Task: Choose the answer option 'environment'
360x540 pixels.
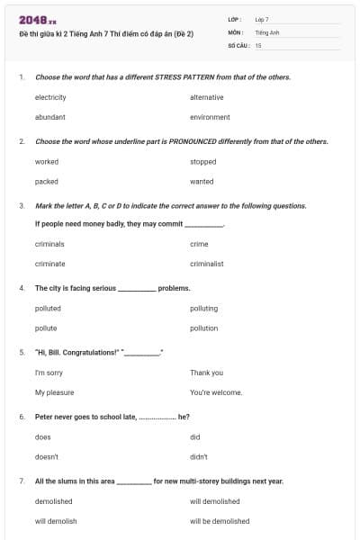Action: (x=210, y=117)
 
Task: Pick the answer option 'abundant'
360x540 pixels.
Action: (x=49, y=117)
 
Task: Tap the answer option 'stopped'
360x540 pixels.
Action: (x=202, y=162)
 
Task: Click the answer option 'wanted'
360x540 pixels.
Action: (x=202, y=181)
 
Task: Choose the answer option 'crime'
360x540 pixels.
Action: (x=199, y=244)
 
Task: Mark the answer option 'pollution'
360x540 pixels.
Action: (x=203, y=328)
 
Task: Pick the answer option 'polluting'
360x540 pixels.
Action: (x=203, y=309)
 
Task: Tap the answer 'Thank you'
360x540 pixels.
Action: (x=206, y=373)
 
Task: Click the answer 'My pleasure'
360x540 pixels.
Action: (x=54, y=392)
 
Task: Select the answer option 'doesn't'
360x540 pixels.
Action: (x=47, y=456)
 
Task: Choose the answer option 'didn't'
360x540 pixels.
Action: (x=199, y=456)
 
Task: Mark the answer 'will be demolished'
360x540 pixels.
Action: (x=220, y=521)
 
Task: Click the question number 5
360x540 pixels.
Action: (x=21, y=353)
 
